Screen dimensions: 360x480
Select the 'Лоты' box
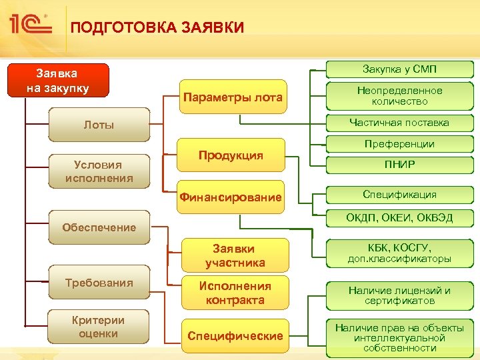click(x=99, y=125)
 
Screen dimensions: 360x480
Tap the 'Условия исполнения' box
click(x=99, y=172)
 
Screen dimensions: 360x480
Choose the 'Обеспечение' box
click(x=99, y=227)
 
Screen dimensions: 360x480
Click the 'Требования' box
click(x=99, y=283)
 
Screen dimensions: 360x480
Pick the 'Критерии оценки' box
click(x=99, y=327)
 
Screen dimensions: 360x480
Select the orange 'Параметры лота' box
click(x=232, y=98)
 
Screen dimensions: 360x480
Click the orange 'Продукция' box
click(x=231, y=155)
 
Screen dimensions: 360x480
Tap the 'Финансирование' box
click(x=231, y=197)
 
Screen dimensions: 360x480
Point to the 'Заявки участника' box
click(x=235, y=255)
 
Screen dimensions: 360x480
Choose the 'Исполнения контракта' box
click(x=235, y=293)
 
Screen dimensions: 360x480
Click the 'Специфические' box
click(x=235, y=336)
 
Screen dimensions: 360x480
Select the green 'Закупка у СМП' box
click(x=399, y=69)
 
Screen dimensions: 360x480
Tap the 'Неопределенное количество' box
click(x=399, y=96)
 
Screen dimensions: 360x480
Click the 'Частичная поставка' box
click(x=399, y=123)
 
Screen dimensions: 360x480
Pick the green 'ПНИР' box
click(x=399, y=165)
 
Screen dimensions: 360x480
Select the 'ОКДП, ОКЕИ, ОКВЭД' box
click(x=399, y=218)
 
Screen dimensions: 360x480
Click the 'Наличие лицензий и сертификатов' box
click(x=399, y=295)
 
